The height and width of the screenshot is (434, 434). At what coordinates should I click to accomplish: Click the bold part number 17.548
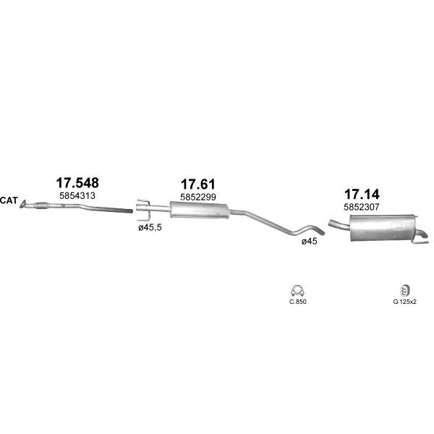pyautogui.click(x=77, y=183)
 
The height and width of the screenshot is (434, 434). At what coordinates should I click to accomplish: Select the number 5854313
pyautogui.click(x=77, y=196)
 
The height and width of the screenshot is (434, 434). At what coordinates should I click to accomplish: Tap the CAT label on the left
pyautogui.click(x=9, y=200)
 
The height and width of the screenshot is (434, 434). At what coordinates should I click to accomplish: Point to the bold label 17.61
pyautogui.click(x=198, y=184)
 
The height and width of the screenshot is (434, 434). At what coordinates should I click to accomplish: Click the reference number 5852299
pyautogui.click(x=198, y=197)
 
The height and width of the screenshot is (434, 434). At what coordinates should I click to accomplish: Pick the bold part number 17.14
pyautogui.click(x=362, y=195)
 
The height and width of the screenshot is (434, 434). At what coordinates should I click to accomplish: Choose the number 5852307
pyautogui.click(x=362, y=207)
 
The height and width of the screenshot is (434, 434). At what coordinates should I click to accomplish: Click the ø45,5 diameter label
pyautogui.click(x=150, y=228)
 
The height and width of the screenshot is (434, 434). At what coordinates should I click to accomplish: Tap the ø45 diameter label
pyautogui.click(x=310, y=242)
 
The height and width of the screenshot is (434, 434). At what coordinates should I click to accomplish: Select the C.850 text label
pyautogui.click(x=298, y=302)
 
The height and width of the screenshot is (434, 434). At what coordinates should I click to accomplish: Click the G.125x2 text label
pyautogui.click(x=404, y=302)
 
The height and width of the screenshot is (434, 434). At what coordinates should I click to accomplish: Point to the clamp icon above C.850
pyautogui.click(x=297, y=291)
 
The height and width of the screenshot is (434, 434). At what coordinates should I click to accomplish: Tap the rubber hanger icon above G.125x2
pyautogui.click(x=404, y=290)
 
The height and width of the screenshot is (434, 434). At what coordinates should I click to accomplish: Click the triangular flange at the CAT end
pyautogui.click(x=23, y=204)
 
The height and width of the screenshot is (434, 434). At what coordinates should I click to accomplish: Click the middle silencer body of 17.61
pyautogui.click(x=200, y=210)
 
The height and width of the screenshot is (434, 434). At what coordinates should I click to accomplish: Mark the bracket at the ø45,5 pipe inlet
pyautogui.click(x=142, y=210)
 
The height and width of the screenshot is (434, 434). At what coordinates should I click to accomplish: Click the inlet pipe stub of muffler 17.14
pyautogui.click(x=339, y=224)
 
